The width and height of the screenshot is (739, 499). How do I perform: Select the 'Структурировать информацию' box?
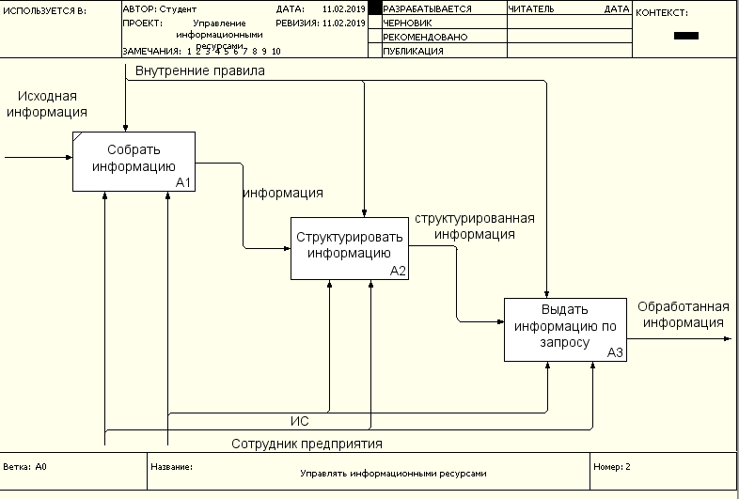[x=350, y=246]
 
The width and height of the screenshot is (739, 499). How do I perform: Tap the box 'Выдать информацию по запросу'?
[x=565, y=328]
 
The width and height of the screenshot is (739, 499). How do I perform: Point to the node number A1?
[x=183, y=182]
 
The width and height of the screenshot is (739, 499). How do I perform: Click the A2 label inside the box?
[x=398, y=271]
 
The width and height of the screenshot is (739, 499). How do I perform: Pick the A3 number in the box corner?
[x=615, y=352]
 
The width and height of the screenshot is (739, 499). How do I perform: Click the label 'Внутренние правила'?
[x=199, y=70]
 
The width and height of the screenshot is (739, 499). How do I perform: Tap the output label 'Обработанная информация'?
[x=684, y=314]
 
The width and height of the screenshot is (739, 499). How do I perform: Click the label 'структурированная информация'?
[x=475, y=226]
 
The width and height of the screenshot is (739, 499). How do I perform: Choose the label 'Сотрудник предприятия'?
[x=307, y=444]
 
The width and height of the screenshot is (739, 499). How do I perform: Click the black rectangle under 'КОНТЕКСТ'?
[x=686, y=36]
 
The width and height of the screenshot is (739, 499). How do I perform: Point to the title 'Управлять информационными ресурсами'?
[x=394, y=475]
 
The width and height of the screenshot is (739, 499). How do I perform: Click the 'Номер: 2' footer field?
[x=613, y=466]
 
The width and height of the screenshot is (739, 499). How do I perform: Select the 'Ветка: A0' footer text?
[x=26, y=466]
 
